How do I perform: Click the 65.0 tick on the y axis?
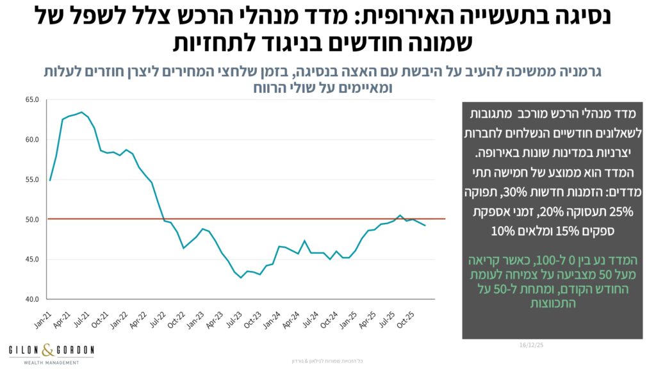(32, 100)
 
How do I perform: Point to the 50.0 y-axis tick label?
(32, 219)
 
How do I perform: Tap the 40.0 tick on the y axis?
(32, 299)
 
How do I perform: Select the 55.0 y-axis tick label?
(32, 179)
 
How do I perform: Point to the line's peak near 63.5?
(81, 112)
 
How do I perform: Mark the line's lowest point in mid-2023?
(241, 277)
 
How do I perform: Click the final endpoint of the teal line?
(425, 225)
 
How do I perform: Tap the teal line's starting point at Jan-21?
(50, 180)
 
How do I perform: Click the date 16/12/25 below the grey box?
(532, 345)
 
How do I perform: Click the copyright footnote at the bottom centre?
(328, 361)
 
